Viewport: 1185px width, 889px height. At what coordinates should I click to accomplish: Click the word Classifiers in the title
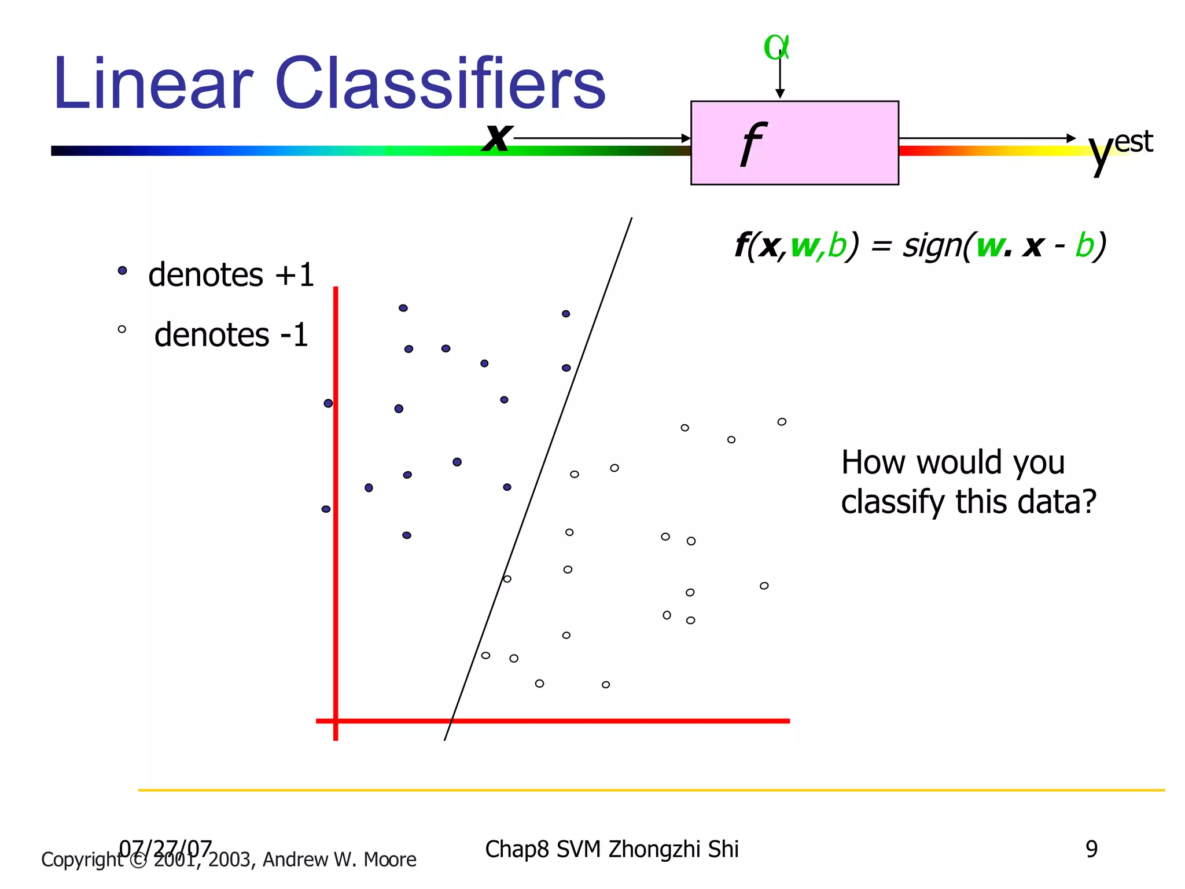click(440, 84)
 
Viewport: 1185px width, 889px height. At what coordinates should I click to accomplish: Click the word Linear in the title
click(153, 84)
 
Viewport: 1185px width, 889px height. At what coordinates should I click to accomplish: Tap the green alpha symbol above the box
click(775, 47)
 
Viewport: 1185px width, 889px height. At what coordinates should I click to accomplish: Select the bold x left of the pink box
click(498, 138)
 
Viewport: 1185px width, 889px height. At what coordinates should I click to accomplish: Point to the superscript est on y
click(1133, 142)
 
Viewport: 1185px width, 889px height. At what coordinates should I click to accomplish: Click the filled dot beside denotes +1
click(122, 270)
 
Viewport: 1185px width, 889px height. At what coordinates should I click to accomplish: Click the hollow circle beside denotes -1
click(122, 329)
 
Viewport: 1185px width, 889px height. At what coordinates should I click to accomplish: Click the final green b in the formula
click(1085, 245)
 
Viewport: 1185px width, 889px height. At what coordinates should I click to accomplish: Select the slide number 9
click(1091, 849)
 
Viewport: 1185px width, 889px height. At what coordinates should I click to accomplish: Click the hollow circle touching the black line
click(507, 579)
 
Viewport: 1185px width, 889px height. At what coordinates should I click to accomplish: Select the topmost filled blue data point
click(403, 308)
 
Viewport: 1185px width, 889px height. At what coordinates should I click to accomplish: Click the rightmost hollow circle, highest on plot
click(782, 421)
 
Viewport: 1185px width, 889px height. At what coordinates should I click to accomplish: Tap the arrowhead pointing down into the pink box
click(780, 94)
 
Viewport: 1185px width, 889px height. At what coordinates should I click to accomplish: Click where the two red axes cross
click(336, 721)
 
